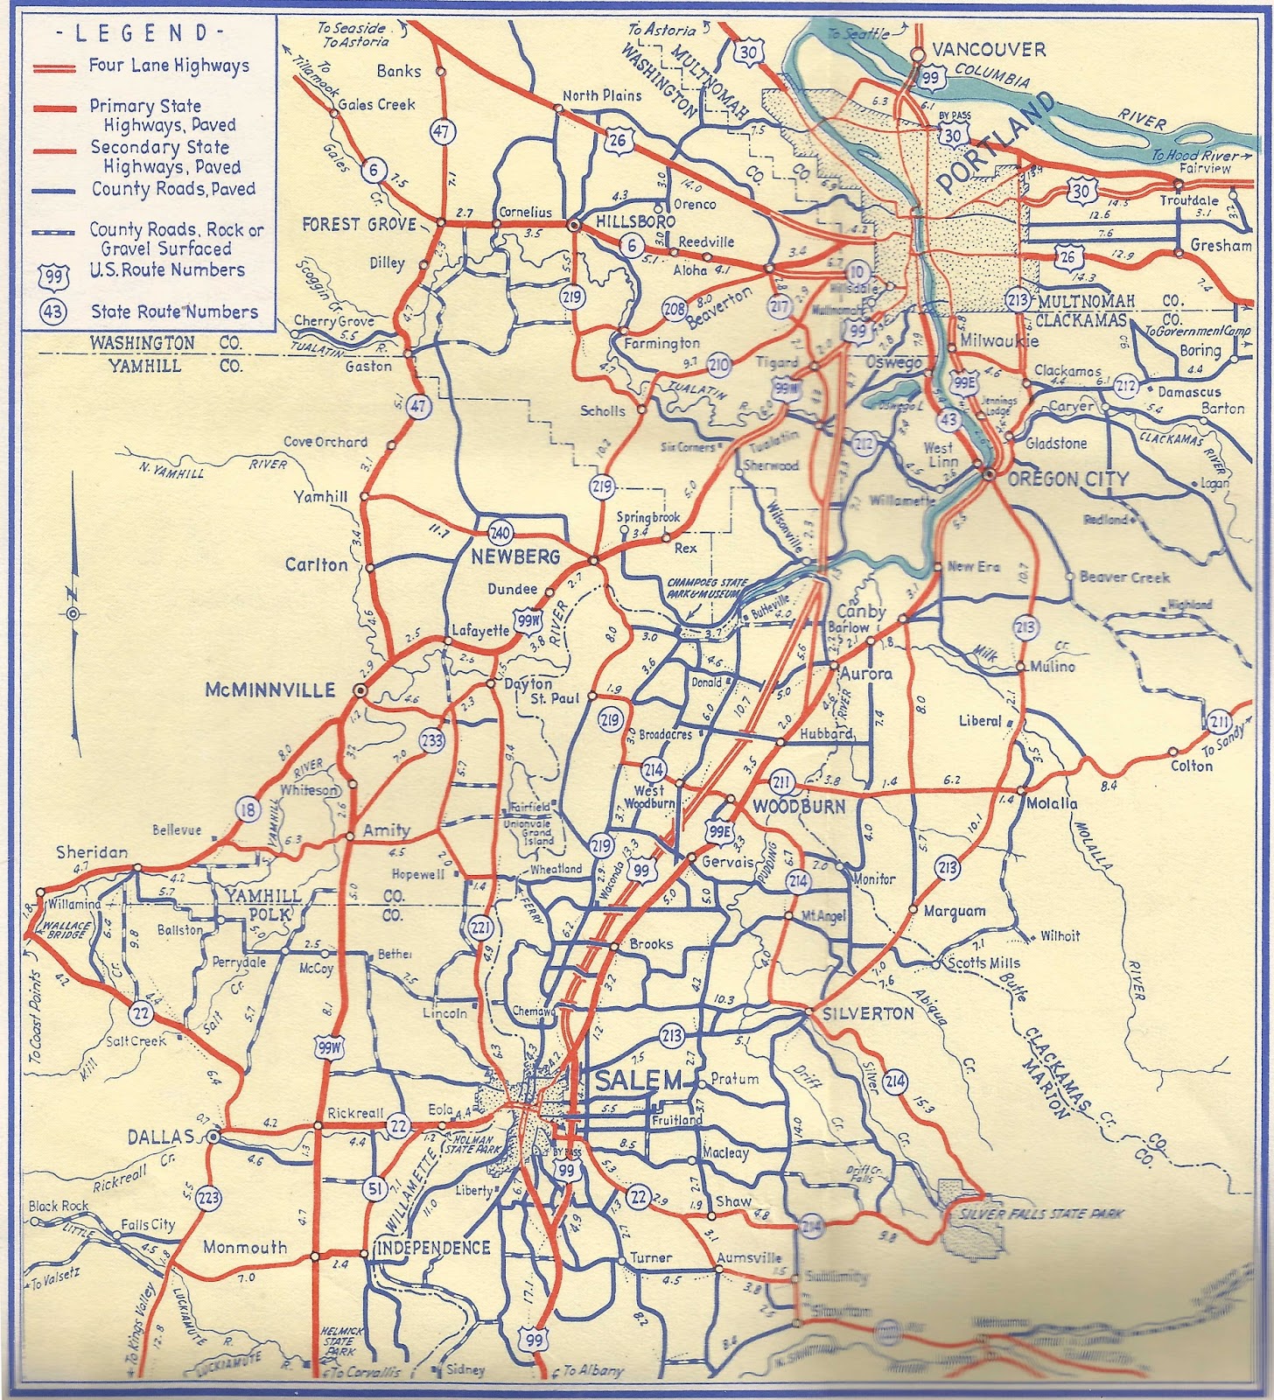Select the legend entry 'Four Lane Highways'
tap(168, 66)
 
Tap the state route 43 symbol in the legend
tap(53, 312)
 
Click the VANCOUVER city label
tap(988, 50)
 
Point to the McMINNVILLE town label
tap(270, 690)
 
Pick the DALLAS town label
tap(160, 1137)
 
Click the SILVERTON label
tap(868, 1013)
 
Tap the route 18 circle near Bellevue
tap(248, 809)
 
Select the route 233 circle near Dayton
tap(431, 740)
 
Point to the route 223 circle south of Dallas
tap(208, 1196)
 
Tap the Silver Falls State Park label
tap(1041, 1214)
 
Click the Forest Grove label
tap(359, 225)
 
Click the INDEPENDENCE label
tap(433, 1247)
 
